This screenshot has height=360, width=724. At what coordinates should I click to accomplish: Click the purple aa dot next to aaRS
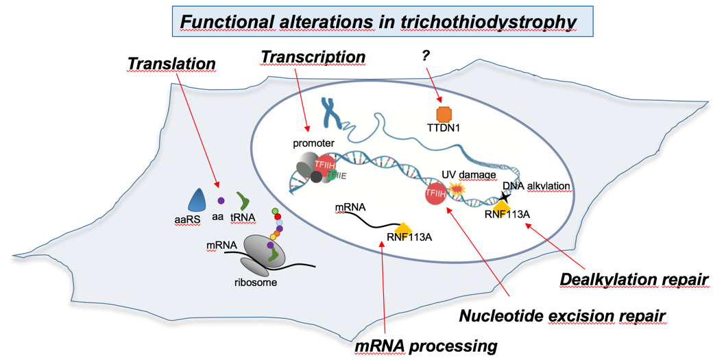221,201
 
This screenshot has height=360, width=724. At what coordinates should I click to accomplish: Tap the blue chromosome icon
331,111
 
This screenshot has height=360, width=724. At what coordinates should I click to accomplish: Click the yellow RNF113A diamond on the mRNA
403,228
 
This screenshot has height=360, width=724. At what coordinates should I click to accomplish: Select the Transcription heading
313,57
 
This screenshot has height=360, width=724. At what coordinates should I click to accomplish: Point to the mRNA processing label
426,345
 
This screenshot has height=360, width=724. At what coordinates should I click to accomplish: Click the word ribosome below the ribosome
257,283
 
